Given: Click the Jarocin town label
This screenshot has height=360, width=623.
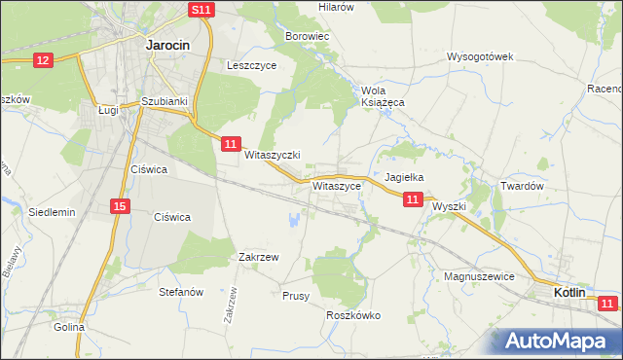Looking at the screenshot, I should (x=166, y=45).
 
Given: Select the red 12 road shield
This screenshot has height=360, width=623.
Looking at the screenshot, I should (x=42, y=60).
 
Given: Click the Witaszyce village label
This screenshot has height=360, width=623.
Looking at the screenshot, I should (x=337, y=184).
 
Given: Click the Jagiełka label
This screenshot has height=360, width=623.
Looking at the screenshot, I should (x=404, y=178).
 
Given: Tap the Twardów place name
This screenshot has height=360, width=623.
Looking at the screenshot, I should (x=521, y=186).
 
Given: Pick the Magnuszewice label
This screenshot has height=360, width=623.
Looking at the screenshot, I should (x=478, y=277).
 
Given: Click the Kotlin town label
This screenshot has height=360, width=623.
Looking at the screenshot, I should (x=569, y=292).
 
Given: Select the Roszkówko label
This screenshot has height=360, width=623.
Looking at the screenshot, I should (x=352, y=315).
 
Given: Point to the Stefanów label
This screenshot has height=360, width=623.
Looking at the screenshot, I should (x=181, y=291).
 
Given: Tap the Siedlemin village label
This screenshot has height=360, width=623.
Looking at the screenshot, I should (x=53, y=211).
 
